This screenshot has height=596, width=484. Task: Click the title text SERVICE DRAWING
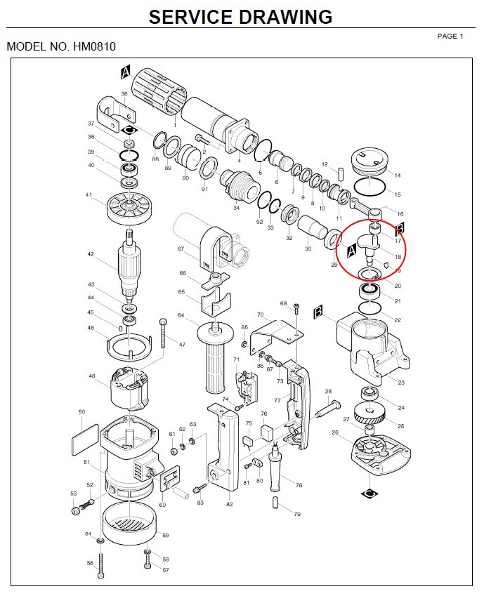coord(240,17)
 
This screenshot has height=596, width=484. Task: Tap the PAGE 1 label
coord(450,36)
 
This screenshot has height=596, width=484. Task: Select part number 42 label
coord(91,255)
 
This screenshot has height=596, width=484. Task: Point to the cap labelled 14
coord(369,164)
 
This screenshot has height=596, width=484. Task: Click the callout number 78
coord(299,485)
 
